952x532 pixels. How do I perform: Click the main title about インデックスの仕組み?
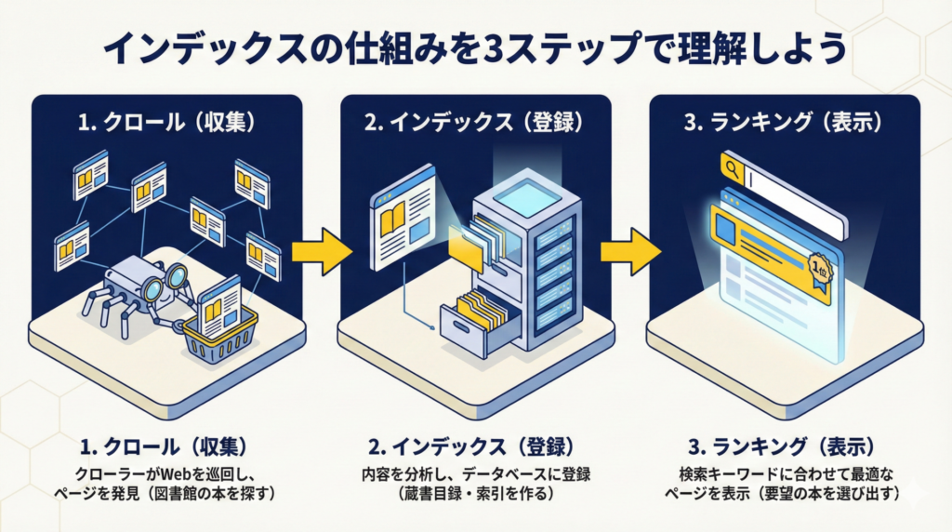pos(475,47)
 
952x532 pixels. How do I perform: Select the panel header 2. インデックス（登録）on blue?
pos(475,121)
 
